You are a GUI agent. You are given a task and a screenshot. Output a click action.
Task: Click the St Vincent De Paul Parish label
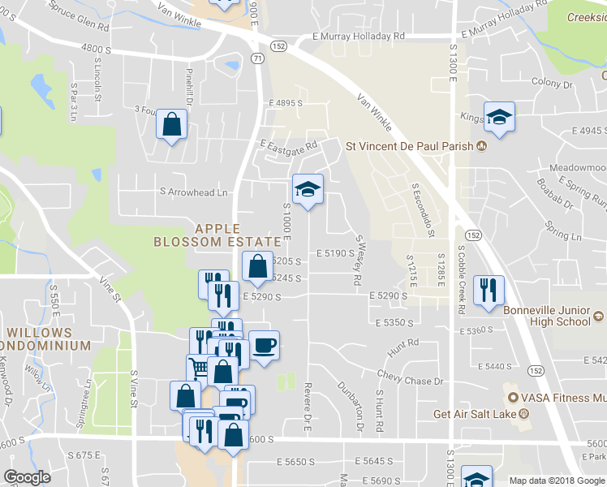(409, 146)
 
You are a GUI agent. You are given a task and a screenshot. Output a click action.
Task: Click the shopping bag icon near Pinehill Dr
(171, 125)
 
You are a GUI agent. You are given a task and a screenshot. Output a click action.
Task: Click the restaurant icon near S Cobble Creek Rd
(489, 291)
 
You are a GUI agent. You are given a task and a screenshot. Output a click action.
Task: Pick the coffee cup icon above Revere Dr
(264, 345)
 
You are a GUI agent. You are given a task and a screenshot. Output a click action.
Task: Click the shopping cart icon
(197, 368)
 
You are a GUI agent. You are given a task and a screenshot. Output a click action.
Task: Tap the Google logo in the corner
(27, 476)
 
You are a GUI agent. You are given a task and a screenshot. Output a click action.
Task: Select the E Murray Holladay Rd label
(358, 37)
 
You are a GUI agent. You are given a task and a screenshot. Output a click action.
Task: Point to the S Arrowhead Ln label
(194, 192)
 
